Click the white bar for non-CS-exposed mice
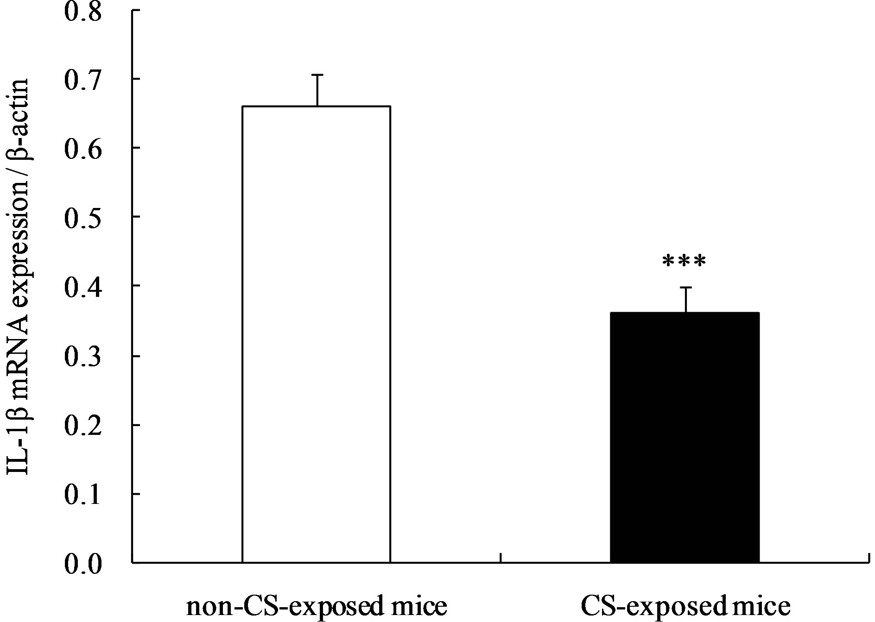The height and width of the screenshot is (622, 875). (x=317, y=333)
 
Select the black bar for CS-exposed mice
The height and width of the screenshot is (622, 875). (x=685, y=437)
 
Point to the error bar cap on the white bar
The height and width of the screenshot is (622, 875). (x=317, y=75)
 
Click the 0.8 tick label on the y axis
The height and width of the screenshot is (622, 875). (x=83, y=11)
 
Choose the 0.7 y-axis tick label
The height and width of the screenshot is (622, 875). (x=83, y=80)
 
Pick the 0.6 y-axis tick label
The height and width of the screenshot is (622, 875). (x=83, y=149)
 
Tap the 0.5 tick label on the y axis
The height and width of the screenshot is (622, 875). (x=83, y=218)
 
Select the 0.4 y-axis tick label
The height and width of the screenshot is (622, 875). (x=83, y=287)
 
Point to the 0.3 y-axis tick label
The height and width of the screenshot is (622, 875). (x=83, y=356)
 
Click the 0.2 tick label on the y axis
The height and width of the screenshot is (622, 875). (x=83, y=425)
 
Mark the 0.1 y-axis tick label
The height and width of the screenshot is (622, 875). (x=83, y=495)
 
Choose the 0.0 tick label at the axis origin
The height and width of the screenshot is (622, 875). (x=83, y=564)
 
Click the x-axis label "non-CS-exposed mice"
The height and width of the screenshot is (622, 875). (x=317, y=607)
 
